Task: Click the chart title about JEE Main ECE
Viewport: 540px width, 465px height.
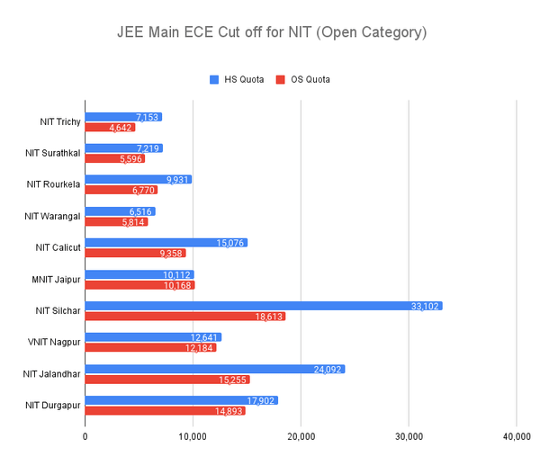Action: point(271,32)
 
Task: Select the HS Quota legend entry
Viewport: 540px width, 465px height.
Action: point(238,79)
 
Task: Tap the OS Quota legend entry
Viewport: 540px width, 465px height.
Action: point(302,79)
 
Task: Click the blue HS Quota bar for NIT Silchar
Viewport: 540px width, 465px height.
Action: point(263,306)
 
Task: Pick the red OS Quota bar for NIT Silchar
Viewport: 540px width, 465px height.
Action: point(184,317)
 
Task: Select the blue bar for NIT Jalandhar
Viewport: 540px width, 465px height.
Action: point(214,369)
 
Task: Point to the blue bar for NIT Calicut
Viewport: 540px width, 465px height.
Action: point(166,243)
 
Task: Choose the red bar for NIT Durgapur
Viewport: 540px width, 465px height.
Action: point(165,411)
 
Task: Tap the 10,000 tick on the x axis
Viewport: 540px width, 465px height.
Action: point(193,437)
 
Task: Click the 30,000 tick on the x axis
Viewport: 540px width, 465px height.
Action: point(409,437)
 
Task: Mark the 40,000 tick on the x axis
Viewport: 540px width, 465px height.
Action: point(516,437)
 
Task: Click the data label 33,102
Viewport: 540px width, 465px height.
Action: point(424,306)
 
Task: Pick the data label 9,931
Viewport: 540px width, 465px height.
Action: point(176,180)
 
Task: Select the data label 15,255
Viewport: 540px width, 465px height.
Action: point(232,380)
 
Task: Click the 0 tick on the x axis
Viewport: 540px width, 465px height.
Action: point(85,437)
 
